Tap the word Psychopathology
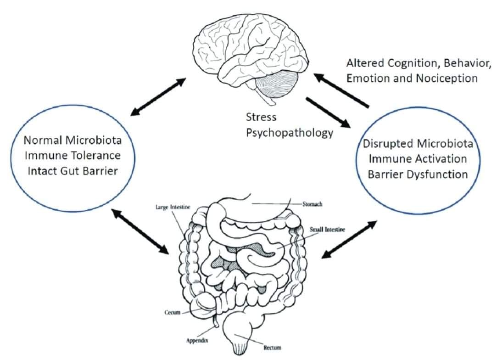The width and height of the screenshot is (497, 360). pyautogui.click(x=289, y=133)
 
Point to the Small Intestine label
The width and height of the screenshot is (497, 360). pyautogui.click(x=327, y=229)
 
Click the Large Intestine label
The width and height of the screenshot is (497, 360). pyautogui.click(x=173, y=208)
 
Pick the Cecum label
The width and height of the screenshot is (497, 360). pyautogui.click(x=172, y=313)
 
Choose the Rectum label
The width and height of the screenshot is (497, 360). pyautogui.click(x=272, y=348)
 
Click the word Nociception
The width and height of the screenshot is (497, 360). pyautogui.click(x=447, y=78)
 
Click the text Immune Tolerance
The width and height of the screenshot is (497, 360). pyautogui.click(x=73, y=156)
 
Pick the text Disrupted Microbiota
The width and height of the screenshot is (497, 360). pyautogui.click(x=418, y=143)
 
